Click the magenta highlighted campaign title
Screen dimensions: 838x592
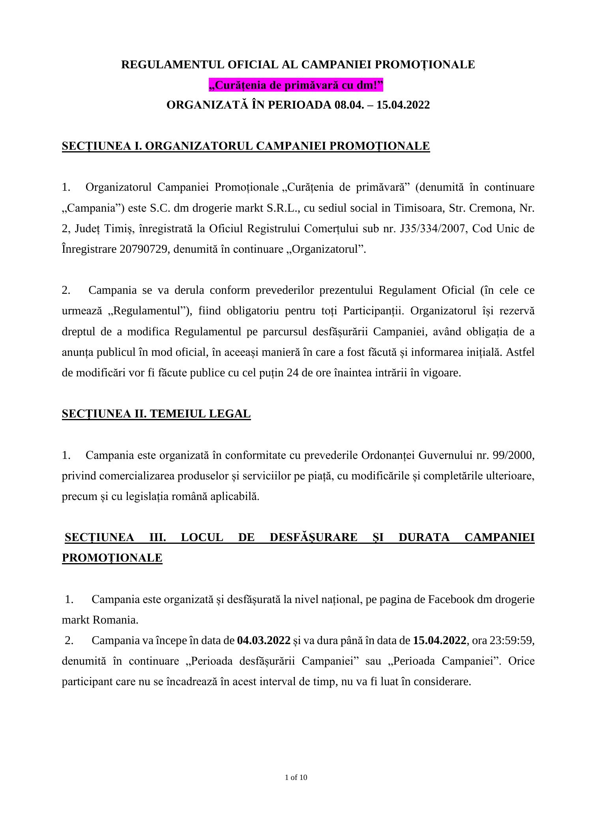(x=296, y=85)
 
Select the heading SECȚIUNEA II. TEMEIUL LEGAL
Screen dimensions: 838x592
(x=156, y=413)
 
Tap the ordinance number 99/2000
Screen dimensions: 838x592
(x=513, y=455)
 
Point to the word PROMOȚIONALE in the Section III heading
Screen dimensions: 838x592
(x=112, y=558)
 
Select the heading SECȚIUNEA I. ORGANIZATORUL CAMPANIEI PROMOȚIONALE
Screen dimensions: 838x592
(x=245, y=146)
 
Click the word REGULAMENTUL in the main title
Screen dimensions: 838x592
(x=165, y=64)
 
